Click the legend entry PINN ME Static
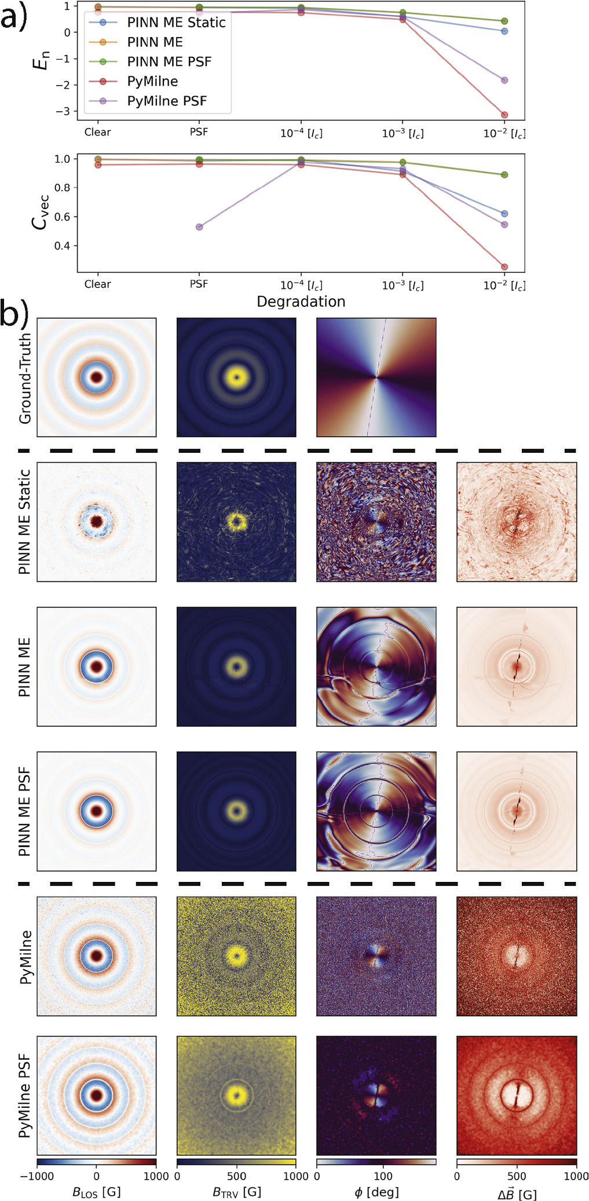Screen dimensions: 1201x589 [x=176, y=23]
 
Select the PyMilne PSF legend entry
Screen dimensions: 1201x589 [x=167, y=101]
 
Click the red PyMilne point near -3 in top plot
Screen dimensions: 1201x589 [x=504, y=115]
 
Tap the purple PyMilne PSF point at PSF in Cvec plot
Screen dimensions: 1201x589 [x=199, y=227]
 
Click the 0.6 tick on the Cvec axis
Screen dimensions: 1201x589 [x=62, y=217]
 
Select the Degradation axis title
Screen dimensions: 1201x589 [x=301, y=302]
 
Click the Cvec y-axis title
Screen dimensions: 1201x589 [x=40, y=213]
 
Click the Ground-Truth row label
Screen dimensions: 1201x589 [x=25, y=378]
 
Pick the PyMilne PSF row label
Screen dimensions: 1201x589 [x=25, y=1096]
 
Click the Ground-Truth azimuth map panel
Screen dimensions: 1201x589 [x=376, y=377]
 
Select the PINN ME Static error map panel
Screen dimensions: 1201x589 [x=516, y=522]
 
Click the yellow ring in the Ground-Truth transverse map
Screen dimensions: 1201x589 [x=236, y=378]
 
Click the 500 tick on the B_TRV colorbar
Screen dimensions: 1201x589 [x=236, y=1176]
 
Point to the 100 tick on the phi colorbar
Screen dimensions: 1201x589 [x=383, y=1176]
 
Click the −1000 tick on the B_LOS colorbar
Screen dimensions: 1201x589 [x=37, y=1176]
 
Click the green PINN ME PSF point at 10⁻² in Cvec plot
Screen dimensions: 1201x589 [x=504, y=175]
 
